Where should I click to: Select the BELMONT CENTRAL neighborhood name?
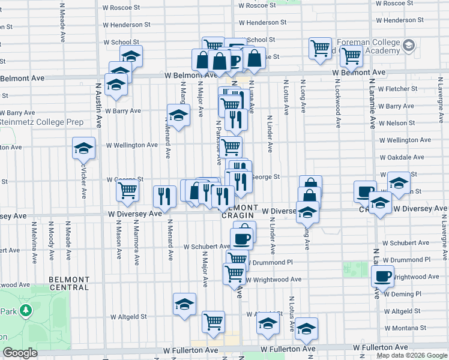click(x=68, y=283)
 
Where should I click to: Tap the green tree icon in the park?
click(x=25, y=310)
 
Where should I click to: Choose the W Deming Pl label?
click(x=402, y=294)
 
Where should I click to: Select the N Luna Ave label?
click(x=252, y=96)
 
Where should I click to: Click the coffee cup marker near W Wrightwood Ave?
click(x=382, y=277)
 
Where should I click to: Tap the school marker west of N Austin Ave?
click(x=84, y=149)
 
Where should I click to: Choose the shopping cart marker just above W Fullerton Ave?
click(x=213, y=322)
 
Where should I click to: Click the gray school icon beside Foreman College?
click(x=409, y=46)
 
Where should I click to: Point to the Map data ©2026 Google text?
click(x=411, y=355)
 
